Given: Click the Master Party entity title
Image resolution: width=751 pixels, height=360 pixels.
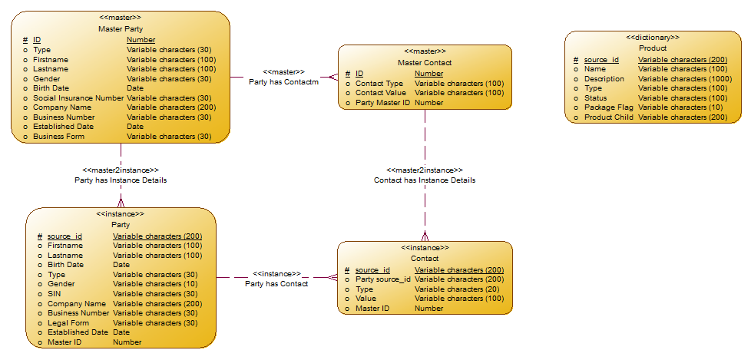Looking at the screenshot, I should [121, 28].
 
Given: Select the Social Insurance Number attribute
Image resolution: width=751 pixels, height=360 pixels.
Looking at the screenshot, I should [78, 97].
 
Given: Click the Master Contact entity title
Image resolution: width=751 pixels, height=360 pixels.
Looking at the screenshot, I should [425, 62].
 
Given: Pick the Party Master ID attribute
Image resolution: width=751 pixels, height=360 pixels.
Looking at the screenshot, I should [383, 102].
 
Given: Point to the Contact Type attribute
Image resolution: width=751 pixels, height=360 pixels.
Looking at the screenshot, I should [379, 83].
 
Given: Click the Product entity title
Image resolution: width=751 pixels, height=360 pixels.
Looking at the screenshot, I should [653, 48].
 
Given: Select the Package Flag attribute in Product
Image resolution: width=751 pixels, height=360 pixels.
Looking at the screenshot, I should [609, 107].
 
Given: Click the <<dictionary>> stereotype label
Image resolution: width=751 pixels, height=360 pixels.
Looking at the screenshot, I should [653, 37].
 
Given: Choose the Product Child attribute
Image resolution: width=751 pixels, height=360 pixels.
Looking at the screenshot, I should [609, 117].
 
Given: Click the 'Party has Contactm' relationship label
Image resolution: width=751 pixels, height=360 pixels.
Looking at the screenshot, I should [283, 81].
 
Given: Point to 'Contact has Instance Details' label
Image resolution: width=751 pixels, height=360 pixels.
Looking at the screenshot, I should [425, 180].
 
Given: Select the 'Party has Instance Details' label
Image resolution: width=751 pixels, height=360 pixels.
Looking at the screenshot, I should [121, 180].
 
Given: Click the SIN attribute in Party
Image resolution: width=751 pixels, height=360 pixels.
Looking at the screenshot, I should [55, 294].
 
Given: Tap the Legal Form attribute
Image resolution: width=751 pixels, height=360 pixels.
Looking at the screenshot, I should [68, 322].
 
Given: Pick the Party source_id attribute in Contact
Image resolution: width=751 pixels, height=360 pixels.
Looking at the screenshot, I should [382, 279].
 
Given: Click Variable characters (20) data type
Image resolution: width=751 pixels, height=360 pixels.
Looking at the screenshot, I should [456, 289].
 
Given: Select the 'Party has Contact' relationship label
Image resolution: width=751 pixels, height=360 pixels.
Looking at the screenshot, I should [276, 284].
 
